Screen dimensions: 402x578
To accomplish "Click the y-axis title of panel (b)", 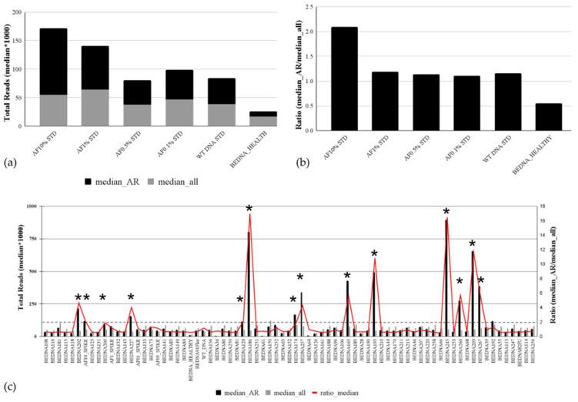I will click(x=298, y=68).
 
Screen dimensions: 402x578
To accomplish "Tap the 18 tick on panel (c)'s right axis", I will click(x=543, y=206).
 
